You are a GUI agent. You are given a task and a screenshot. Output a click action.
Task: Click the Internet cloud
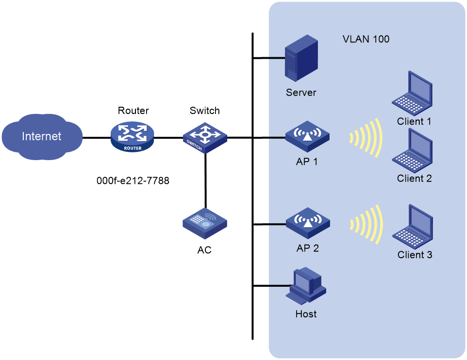[41, 136]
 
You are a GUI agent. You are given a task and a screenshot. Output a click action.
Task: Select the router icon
[132, 137]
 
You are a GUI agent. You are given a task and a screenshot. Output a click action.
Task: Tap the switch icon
[205, 137]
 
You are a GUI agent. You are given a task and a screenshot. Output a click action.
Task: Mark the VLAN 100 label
[366, 39]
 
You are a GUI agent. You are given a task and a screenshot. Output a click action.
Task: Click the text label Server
[301, 93]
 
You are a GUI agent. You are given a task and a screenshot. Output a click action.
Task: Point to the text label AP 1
[307, 162]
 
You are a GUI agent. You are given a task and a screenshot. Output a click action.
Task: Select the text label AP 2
[307, 248]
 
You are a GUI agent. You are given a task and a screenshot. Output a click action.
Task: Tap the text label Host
[306, 314]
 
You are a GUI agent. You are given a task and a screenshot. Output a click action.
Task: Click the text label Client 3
[415, 255]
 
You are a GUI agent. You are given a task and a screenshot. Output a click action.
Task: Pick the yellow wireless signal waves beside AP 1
[367, 138]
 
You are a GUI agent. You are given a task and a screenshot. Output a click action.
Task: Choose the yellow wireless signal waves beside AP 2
[367, 224]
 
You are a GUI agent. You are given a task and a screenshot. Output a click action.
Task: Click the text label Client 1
[414, 121]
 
